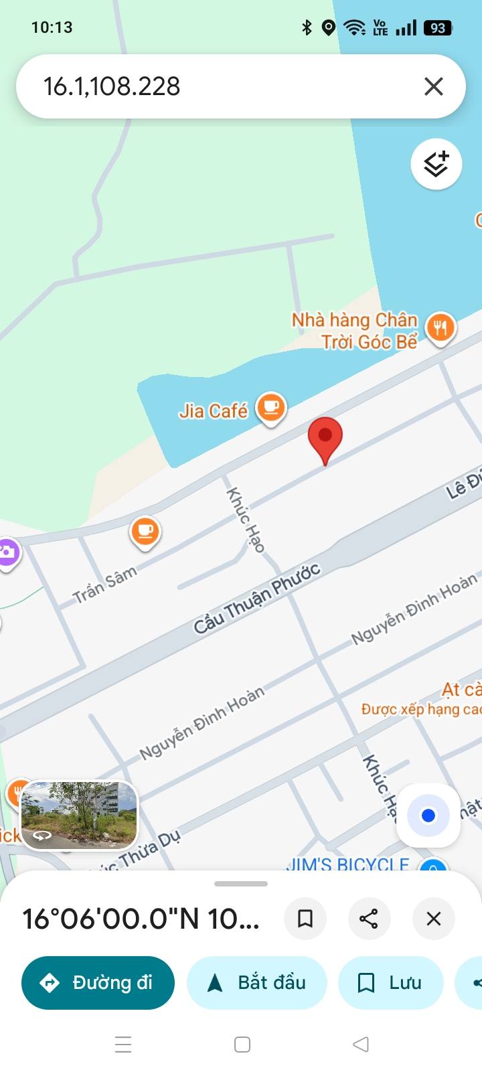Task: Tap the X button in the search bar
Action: click(434, 86)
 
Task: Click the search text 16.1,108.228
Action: click(112, 86)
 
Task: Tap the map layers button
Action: click(436, 164)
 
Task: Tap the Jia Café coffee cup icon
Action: click(270, 408)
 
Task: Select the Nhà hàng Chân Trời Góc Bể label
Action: click(355, 331)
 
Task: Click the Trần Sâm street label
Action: click(104, 584)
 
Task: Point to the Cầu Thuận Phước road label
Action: click(257, 599)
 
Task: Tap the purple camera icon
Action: click(8, 552)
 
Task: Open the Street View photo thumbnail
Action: click(79, 816)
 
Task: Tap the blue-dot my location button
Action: click(428, 815)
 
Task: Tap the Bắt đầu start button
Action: click(257, 982)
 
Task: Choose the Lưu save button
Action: click(390, 982)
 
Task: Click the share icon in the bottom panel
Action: click(369, 918)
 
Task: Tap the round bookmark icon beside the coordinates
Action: click(305, 918)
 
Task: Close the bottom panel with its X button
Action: click(434, 918)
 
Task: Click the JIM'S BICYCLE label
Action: click(347, 864)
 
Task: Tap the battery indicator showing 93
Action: click(438, 28)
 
